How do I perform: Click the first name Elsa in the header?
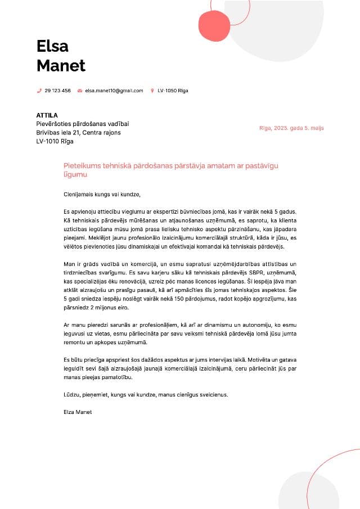[x=52, y=46]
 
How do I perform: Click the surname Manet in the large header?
[x=61, y=65]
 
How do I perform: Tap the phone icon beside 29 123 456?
[x=39, y=91]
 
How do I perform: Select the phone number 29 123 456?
[x=57, y=91]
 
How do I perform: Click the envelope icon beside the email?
[x=80, y=91]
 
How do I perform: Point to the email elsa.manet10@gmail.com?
[x=114, y=91]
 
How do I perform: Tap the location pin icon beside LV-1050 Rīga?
[x=152, y=91]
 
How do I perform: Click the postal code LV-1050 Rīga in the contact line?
[x=173, y=91]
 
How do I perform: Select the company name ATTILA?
[x=47, y=115]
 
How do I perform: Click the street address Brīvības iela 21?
[x=58, y=133]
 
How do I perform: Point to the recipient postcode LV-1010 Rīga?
[x=55, y=141]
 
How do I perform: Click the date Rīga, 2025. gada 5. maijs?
[x=291, y=128]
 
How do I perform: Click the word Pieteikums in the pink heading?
[x=82, y=166]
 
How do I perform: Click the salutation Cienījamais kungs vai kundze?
[x=102, y=195]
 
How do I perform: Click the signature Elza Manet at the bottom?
[x=78, y=412]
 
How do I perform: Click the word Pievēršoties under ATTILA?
[x=54, y=124]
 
